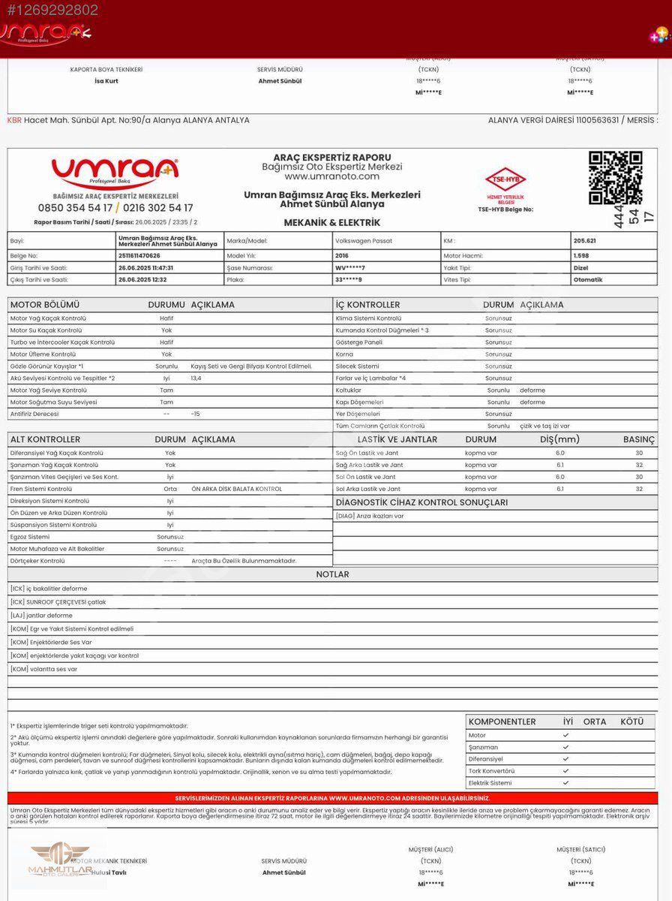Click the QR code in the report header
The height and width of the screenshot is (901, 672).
615,178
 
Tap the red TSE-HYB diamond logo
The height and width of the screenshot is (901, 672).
505,179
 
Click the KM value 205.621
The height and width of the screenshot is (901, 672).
584,241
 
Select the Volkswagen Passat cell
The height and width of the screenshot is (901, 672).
364,241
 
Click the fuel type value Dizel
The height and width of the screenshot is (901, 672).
580,267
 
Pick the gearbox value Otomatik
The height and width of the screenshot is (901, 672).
587,279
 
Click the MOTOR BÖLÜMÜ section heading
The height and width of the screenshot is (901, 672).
44,305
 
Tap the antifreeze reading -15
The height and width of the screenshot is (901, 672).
195,414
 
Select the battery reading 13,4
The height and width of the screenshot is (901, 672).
196,378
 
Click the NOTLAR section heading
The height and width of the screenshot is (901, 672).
332,574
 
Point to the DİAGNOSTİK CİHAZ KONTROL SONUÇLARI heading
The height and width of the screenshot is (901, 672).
421,502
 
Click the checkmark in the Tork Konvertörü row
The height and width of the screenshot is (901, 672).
565,771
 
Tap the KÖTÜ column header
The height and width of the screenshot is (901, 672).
631,722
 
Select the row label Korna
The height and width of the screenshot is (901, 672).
344,354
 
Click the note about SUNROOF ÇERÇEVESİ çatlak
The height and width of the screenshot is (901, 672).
58,602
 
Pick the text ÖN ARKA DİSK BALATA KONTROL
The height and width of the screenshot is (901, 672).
237,489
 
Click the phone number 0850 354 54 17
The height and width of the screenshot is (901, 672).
75,208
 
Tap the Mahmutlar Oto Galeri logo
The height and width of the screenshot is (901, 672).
60,860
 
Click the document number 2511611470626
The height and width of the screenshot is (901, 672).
139,255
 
